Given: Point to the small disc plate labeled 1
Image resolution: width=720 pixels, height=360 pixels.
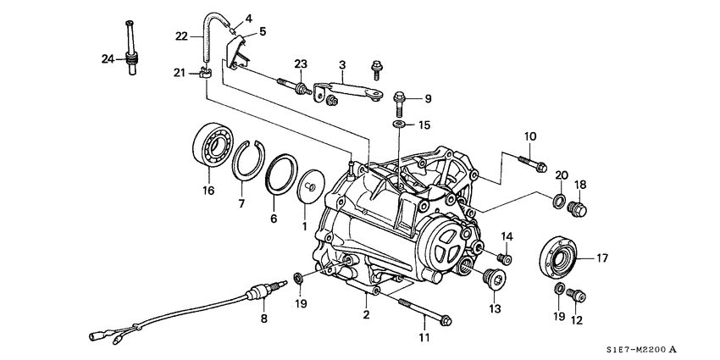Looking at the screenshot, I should pos(310,185).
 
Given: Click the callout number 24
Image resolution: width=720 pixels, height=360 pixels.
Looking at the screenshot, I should pos(107,58).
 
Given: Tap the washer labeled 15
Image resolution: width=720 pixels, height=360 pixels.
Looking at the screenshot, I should pos(398,125).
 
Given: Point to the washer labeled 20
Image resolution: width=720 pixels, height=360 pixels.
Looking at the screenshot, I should pos(535,201).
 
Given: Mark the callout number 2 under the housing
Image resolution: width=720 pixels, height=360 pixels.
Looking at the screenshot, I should pos(366,315).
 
